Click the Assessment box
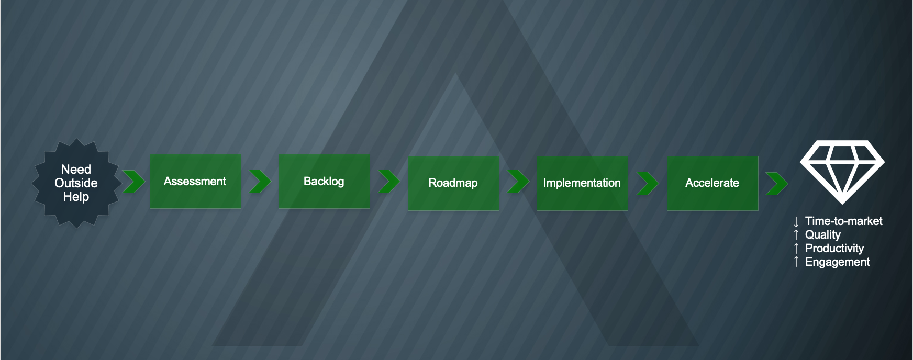click(x=195, y=181)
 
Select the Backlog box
click(x=324, y=181)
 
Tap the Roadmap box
click(x=453, y=183)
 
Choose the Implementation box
click(x=582, y=183)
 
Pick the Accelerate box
click(x=712, y=183)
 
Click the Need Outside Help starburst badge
click(x=76, y=183)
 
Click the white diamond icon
click(x=842, y=172)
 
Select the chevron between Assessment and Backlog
click(x=260, y=182)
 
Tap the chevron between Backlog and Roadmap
click(x=389, y=182)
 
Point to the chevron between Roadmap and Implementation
click(x=518, y=182)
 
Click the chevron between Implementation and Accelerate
click(x=648, y=183)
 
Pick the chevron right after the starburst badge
click(x=134, y=182)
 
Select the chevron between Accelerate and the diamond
click(x=777, y=183)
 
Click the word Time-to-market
click(x=843, y=221)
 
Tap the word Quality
click(x=823, y=235)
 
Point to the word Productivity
click(x=834, y=249)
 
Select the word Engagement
click(x=838, y=262)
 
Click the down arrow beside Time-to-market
click(x=796, y=222)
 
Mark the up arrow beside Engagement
click(x=796, y=262)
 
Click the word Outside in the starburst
click(x=76, y=183)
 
